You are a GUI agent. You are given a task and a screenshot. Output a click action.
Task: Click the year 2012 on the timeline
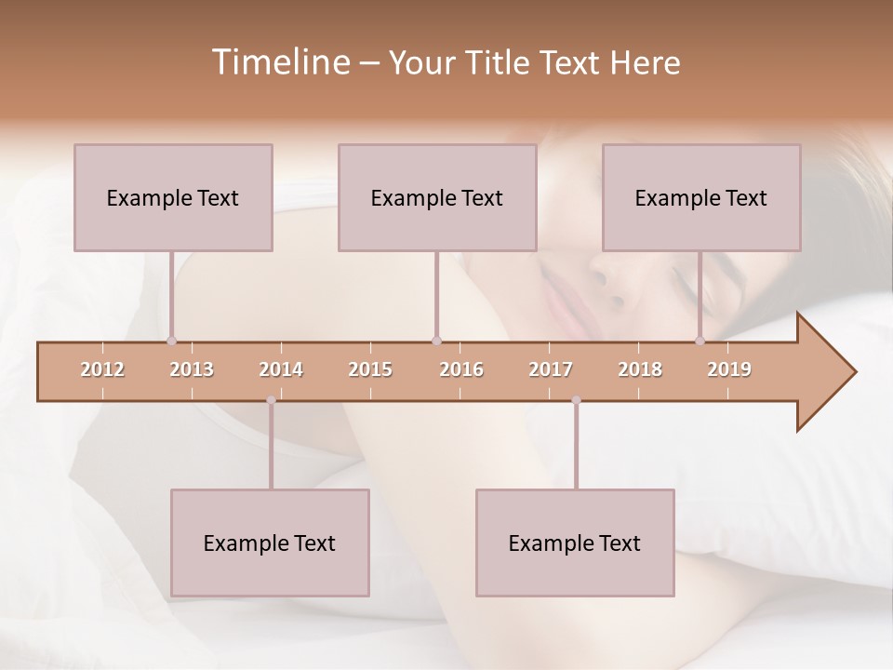tap(102, 369)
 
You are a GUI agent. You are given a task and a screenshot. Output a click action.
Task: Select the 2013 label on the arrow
tap(192, 369)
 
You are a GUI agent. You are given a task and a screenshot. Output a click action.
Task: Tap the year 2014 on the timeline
tap(281, 369)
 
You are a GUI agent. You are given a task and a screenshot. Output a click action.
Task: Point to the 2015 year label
tap(370, 369)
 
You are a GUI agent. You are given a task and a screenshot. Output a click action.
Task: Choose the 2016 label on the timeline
tap(461, 369)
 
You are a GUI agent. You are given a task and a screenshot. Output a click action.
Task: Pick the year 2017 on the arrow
tap(551, 369)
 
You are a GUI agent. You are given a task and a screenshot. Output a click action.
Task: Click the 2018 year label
tap(640, 369)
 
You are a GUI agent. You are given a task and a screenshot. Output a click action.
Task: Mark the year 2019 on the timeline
tap(729, 369)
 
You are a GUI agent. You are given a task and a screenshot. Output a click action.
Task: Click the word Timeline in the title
tap(279, 62)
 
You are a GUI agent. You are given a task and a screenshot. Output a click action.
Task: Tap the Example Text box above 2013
tap(173, 197)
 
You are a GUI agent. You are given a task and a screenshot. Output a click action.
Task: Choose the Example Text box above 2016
tap(437, 197)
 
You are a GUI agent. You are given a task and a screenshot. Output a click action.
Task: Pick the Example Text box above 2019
tap(701, 197)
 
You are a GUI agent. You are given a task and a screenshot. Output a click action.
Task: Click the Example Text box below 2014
tap(270, 543)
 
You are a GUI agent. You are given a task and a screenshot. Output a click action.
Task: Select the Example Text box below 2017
tap(575, 543)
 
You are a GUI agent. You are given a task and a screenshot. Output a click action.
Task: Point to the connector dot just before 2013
tap(171, 341)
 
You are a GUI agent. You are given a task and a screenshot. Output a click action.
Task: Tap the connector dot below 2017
tap(576, 400)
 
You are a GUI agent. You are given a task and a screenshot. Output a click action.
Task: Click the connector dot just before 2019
tap(700, 341)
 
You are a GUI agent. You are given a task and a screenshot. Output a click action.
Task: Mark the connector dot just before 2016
tap(436, 341)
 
